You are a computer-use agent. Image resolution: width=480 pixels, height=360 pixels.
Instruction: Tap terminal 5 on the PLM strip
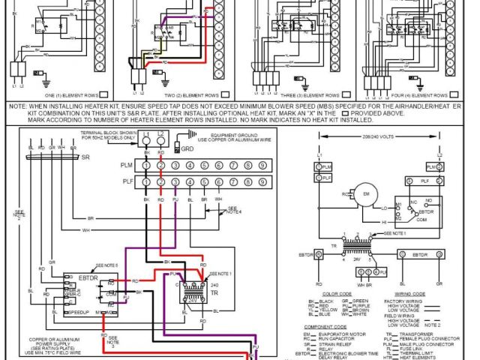(202, 165)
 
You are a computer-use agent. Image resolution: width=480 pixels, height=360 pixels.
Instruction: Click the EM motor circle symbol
(367, 195)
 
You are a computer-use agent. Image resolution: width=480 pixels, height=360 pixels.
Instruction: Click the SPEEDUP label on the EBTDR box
(78, 310)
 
